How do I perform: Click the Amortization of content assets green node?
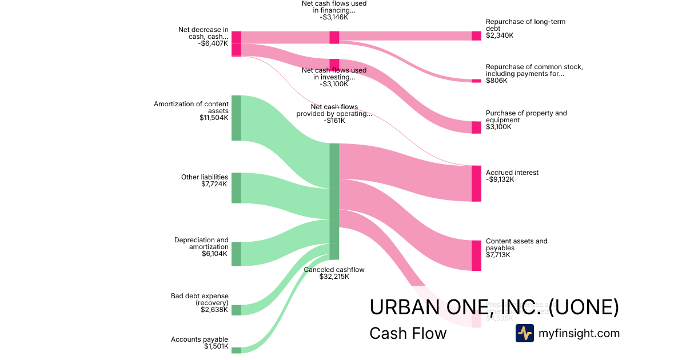[x=236, y=118]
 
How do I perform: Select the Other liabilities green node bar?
[x=236, y=187]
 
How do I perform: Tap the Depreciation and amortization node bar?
[x=236, y=254]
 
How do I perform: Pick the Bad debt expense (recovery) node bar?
[x=236, y=310]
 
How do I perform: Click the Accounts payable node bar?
[x=236, y=350]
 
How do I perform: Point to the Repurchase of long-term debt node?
[x=476, y=36]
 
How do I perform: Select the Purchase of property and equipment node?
[x=476, y=127]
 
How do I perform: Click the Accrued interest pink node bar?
[x=476, y=183]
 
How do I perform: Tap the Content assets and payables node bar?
[x=476, y=255]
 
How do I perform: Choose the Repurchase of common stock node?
[x=476, y=81]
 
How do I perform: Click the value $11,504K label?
[x=214, y=118]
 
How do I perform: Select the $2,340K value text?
[x=500, y=35]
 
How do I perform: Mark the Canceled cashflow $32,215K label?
[x=334, y=273]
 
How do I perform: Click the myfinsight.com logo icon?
[x=525, y=333]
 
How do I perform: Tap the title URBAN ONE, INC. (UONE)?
[x=494, y=307]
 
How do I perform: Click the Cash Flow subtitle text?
[x=408, y=333]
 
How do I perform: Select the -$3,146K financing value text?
[x=334, y=17]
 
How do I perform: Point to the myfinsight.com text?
[x=579, y=333]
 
